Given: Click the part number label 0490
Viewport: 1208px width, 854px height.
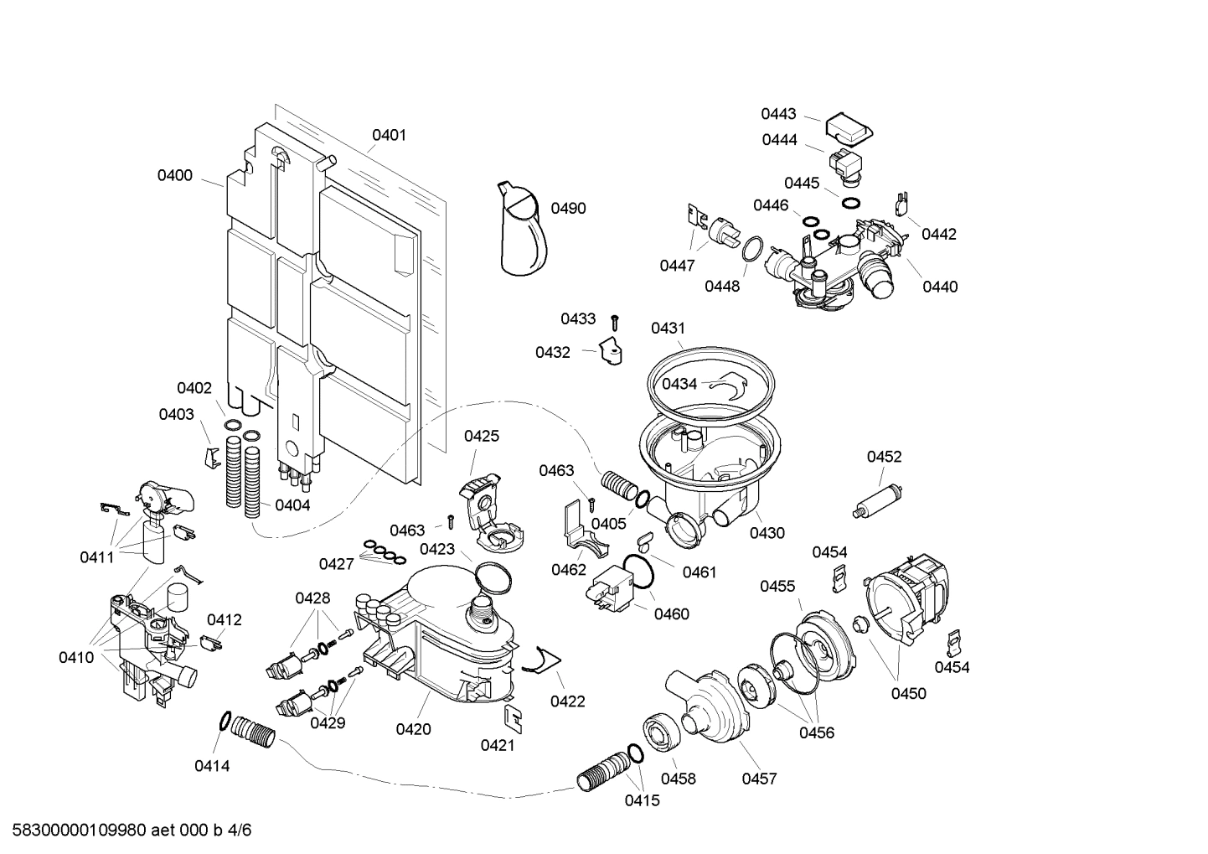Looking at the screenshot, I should pyautogui.click(x=568, y=209).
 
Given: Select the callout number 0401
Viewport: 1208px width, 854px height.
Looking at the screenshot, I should pyautogui.click(x=389, y=135).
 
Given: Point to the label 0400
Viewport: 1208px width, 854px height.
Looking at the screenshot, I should pyautogui.click(x=174, y=175).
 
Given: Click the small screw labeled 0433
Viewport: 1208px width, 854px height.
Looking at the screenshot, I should pyautogui.click(x=614, y=320).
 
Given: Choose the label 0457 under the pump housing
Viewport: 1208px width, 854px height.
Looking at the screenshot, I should pyautogui.click(x=759, y=779).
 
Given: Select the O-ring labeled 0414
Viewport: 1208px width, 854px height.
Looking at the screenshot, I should pyautogui.click(x=224, y=720).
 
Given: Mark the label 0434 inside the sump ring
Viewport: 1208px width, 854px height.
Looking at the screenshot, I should pyautogui.click(x=679, y=384).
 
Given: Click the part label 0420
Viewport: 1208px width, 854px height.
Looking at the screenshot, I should pyautogui.click(x=413, y=729).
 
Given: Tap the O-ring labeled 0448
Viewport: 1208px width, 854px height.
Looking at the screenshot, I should pyautogui.click(x=752, y=249).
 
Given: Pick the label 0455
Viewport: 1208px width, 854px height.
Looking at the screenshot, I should pyautogui.click(x=777, y=587).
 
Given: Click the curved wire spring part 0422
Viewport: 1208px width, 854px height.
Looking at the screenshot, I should pyautogui.click(x=541, y=662).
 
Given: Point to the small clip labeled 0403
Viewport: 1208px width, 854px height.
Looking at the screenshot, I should pyautogui.click(x=212, y=457).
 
